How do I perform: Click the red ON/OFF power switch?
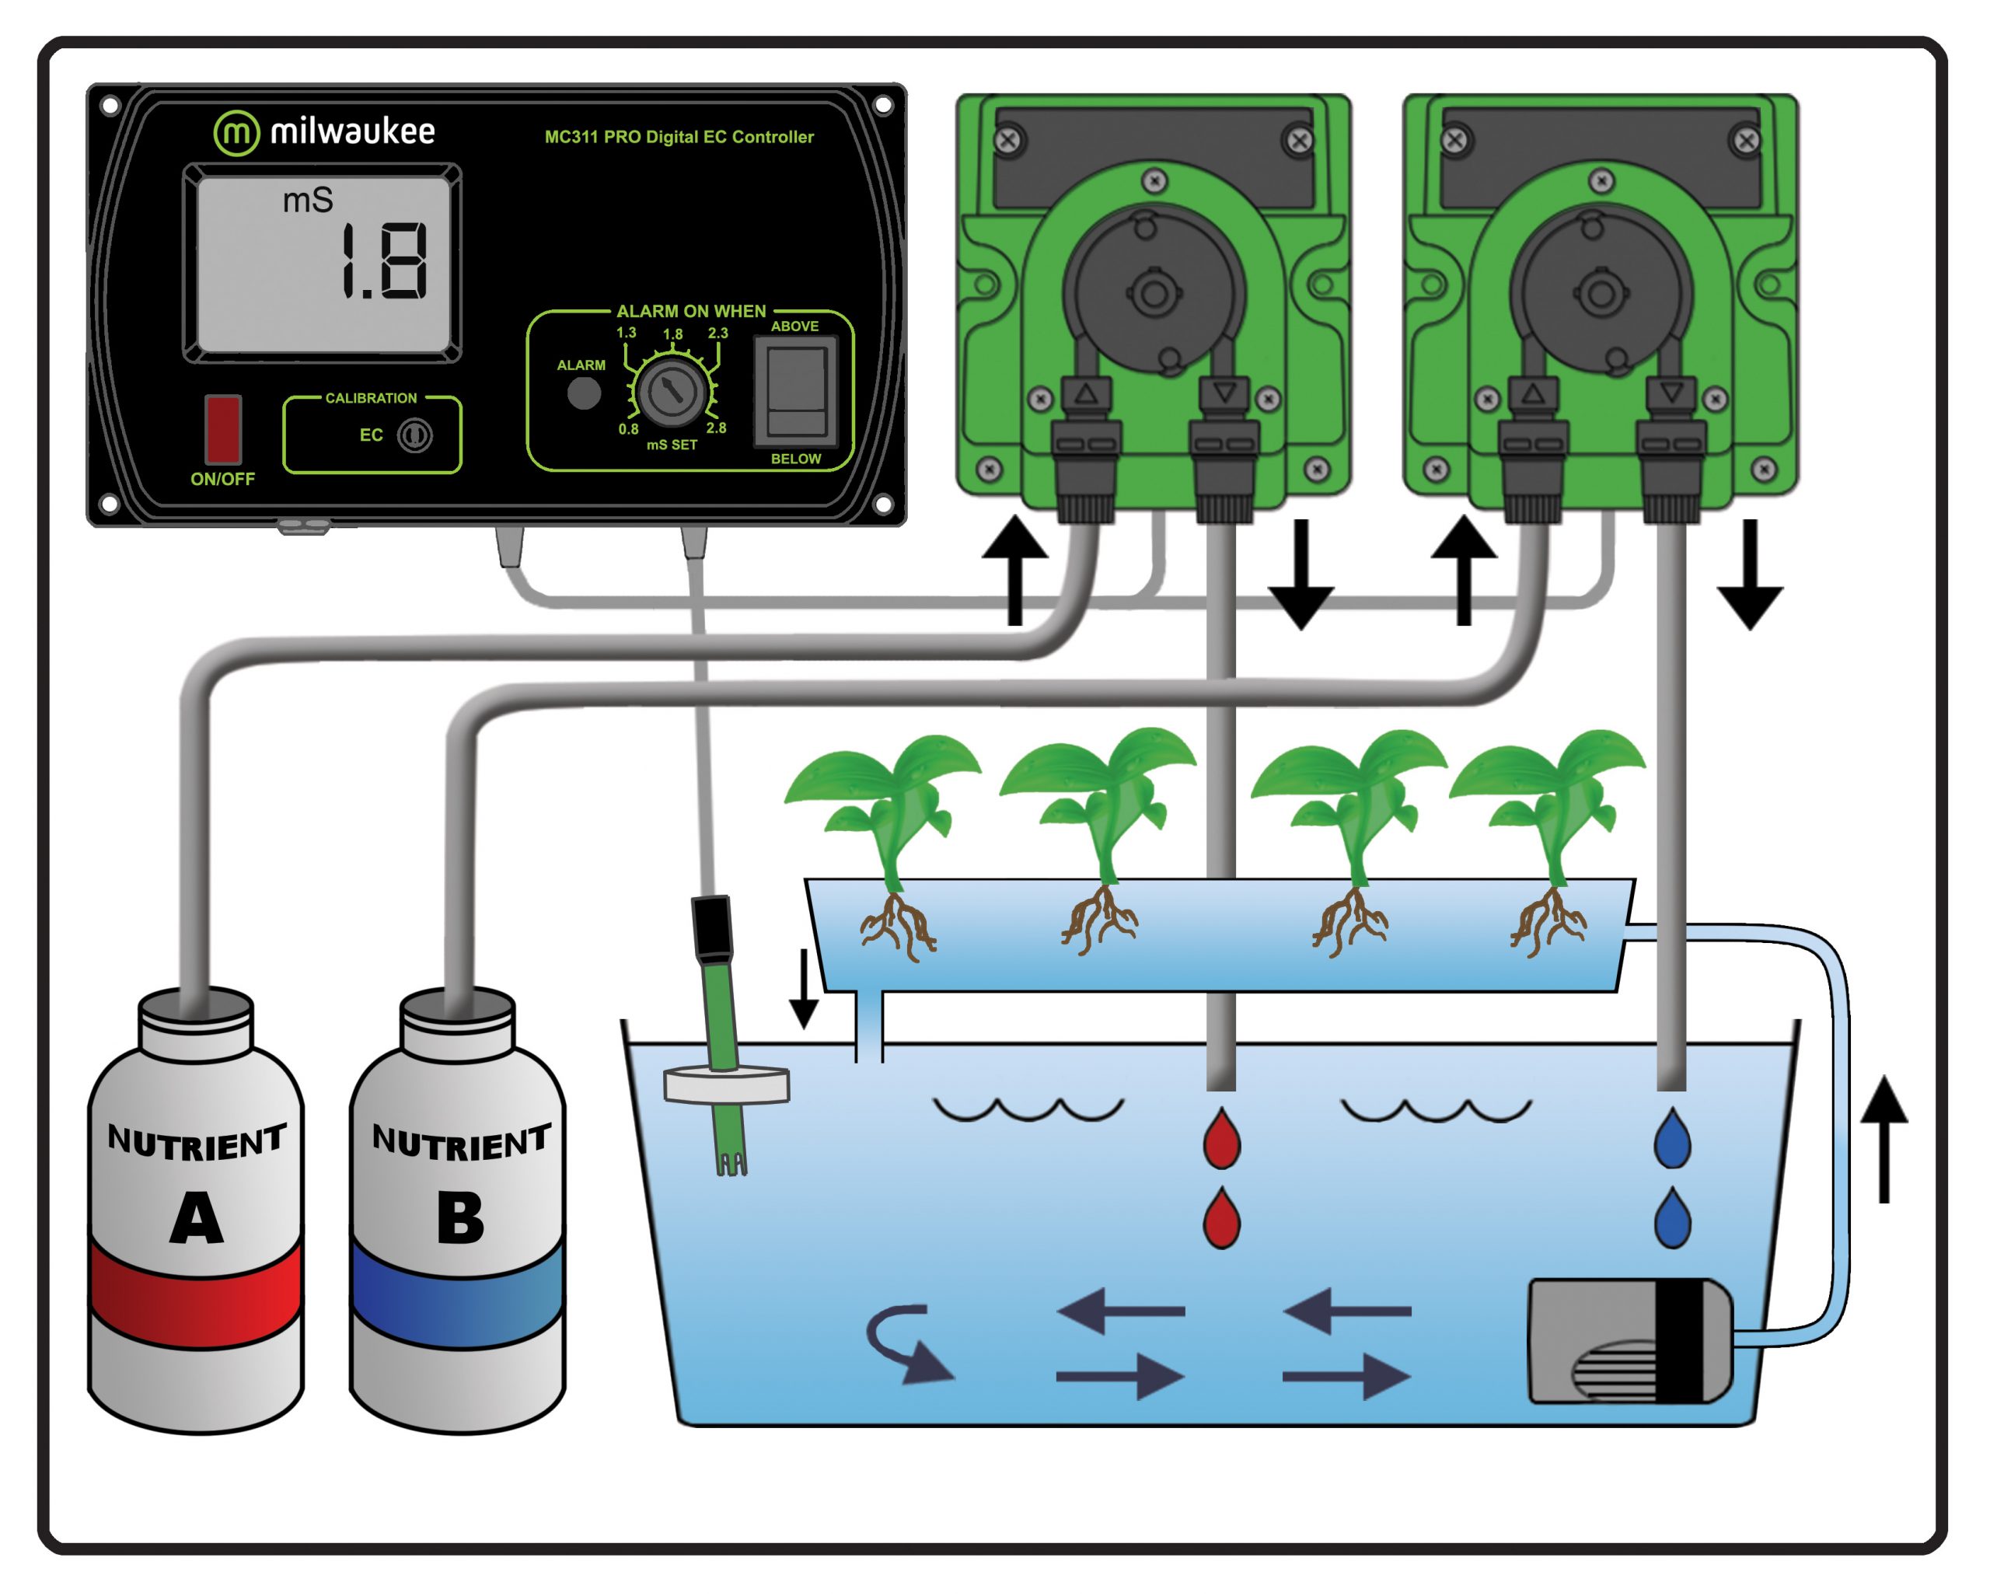[x=222, y=429]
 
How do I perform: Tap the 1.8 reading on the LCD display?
[x=382, y=262]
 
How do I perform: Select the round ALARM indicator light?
[x=583, y=393]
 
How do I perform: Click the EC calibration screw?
[x=414, y=435]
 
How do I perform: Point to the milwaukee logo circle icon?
[x=236, y=133]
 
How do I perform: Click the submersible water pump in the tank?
[x=1629, y=1341]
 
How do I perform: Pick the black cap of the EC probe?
[x=711, y=927]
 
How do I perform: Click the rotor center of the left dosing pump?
[x=1153, y=295]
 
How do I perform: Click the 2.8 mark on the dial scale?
[x=716, y=428]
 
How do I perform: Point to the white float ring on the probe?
[x=726, y=1084]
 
